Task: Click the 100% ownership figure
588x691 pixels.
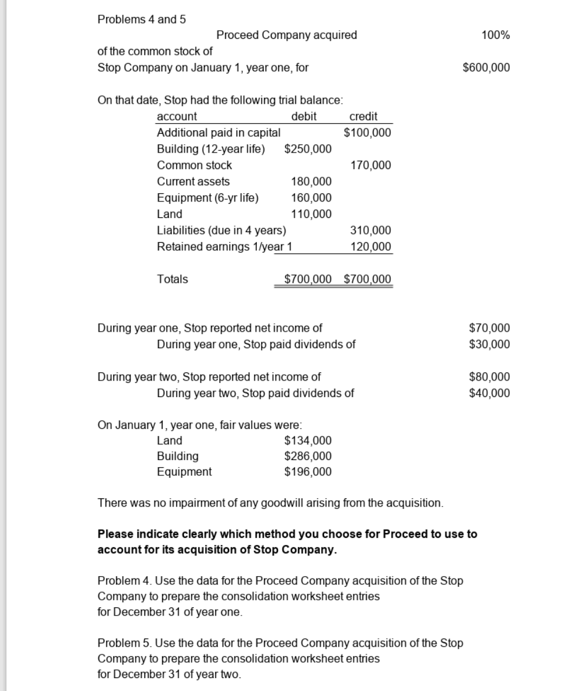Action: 495,35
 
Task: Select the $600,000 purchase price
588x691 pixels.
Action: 487,67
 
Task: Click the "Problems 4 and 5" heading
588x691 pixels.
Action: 141,19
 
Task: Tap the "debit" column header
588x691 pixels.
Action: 304,117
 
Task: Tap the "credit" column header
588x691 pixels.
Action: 364,117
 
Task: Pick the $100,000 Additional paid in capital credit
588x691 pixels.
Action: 367,133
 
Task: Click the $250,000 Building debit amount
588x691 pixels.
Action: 308,149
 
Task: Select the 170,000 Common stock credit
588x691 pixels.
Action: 371,166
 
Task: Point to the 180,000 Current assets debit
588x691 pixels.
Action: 312,181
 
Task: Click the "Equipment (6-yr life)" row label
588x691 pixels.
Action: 207,198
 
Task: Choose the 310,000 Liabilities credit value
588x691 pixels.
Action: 371,230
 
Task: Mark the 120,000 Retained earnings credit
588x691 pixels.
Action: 371,246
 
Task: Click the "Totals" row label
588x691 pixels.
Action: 173,279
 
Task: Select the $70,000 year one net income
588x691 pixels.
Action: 489,328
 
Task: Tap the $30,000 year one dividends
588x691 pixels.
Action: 489,344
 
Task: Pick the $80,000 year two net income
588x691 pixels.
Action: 489,377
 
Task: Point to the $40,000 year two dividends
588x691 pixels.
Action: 489,393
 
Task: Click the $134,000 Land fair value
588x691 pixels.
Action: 308,441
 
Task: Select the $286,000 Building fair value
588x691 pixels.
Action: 308,456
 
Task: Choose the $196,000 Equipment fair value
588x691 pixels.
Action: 308,472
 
